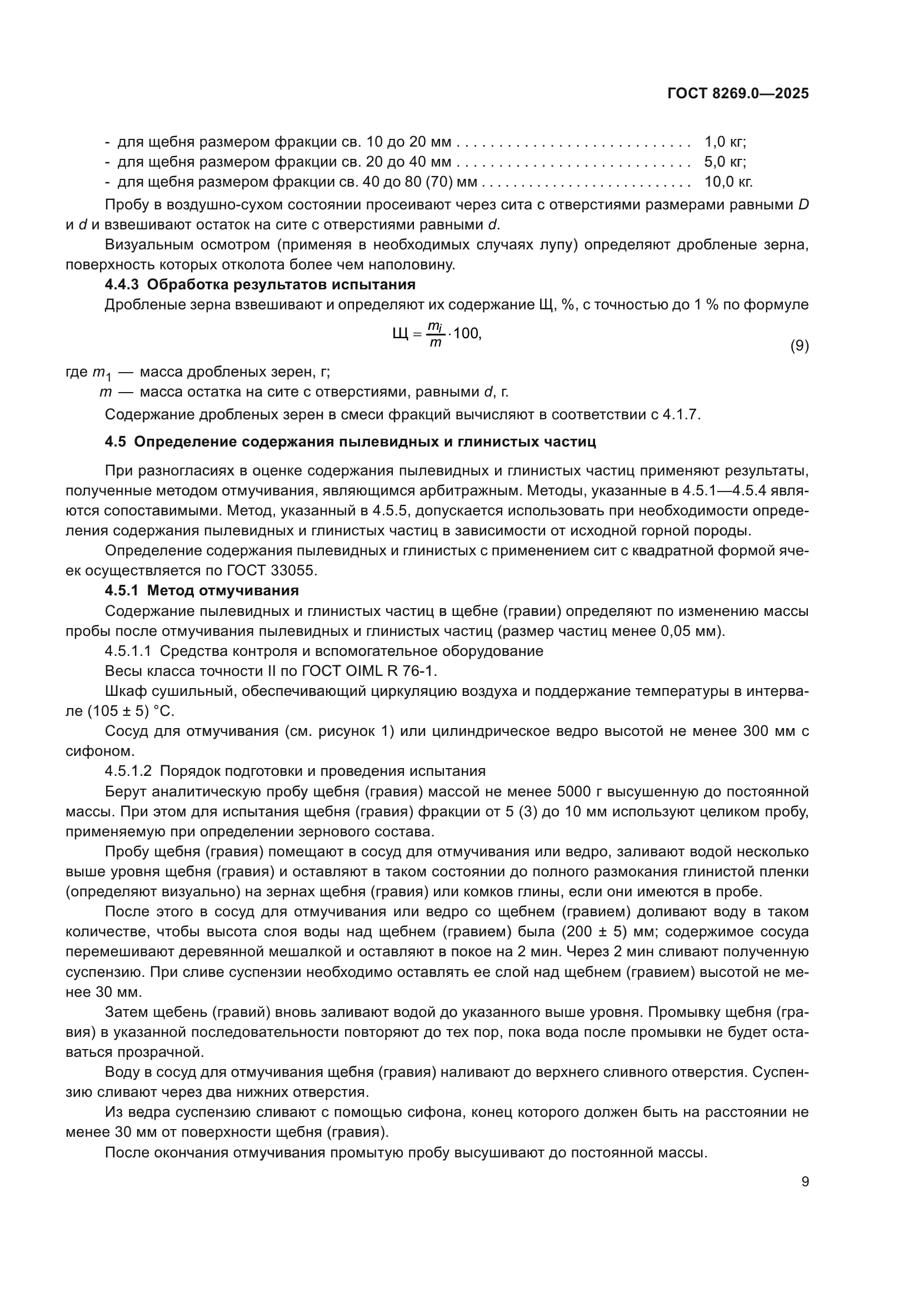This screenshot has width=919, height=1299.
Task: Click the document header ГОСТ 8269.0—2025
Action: (737, 94)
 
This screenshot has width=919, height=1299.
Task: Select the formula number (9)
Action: (799, 345)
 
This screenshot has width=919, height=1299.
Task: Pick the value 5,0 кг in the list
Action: (725, 162)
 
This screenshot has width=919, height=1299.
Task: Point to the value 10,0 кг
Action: (728, 182)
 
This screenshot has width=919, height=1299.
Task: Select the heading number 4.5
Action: (116, 442)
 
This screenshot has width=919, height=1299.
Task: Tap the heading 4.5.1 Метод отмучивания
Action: (202, 591)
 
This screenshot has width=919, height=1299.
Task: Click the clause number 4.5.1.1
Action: (128, 651)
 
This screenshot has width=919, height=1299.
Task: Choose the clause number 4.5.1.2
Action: (128, 771)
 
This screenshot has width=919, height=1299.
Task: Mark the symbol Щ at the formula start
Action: (399, 334)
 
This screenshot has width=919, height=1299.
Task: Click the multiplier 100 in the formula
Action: (466, 333)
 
